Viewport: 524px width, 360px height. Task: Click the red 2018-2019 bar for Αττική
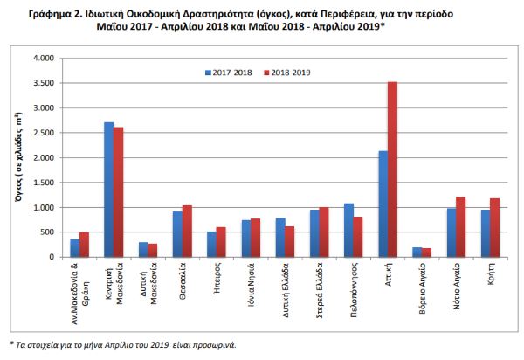coord(393,170)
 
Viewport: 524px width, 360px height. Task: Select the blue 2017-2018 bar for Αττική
coord(383,204)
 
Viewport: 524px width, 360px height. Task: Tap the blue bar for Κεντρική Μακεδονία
coord(109,190)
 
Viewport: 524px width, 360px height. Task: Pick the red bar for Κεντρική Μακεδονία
coord(118,192)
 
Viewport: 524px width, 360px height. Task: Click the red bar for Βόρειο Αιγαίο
coord(427,253)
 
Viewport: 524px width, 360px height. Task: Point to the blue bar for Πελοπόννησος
coord(348,231)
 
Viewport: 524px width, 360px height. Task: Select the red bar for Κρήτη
coord(494,228)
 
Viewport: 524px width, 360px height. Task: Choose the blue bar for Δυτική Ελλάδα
coord(280,238)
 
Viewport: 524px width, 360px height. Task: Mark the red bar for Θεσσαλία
coord(187,232)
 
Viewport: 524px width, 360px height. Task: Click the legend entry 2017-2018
coord(229,73)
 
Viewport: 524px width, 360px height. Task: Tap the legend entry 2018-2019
coord(287,73)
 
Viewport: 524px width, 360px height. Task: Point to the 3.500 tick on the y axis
coord(44,83)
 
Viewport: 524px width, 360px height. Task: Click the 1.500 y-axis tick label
coord(44,183)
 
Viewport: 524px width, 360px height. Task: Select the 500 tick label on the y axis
coord(47,232)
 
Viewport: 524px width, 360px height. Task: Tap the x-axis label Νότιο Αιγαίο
coord(457,286)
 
